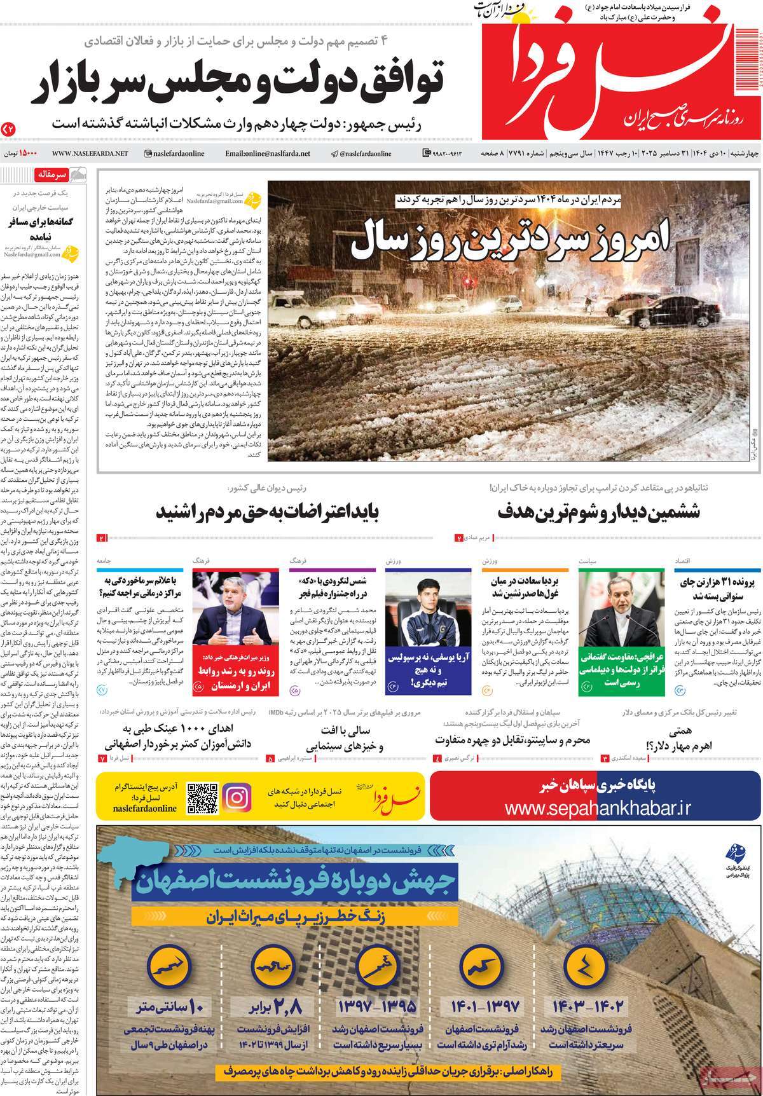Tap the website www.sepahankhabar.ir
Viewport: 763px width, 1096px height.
(596, 807)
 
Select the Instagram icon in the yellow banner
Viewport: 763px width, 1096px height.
(237, 796)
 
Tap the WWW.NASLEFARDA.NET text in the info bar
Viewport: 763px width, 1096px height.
(90, 153)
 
